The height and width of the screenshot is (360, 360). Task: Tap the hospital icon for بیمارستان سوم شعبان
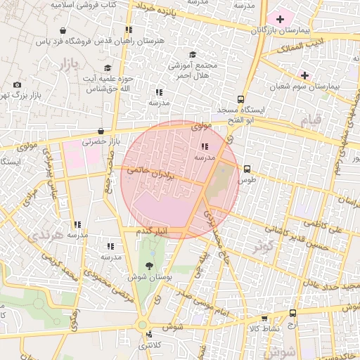304,75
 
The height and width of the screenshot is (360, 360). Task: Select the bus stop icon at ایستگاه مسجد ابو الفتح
241,99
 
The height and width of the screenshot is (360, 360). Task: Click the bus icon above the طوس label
247,169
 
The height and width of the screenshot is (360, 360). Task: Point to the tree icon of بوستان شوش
149,265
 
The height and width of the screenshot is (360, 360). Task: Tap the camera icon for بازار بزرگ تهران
17,85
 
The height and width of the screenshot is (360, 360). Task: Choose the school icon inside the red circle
205,147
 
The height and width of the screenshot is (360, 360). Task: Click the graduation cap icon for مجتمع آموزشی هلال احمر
192,54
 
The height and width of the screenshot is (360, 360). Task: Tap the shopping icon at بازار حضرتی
102,131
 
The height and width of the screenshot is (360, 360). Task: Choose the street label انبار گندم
150,231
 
